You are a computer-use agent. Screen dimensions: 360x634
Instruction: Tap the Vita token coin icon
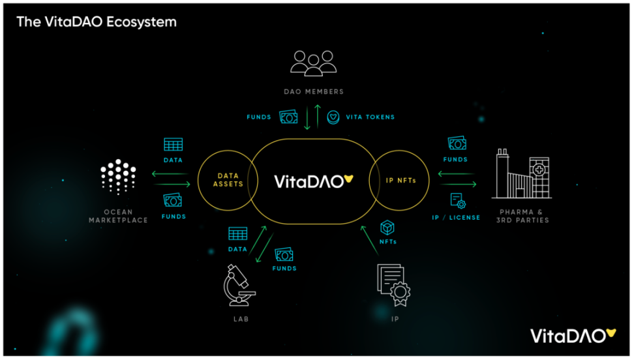(334, 117)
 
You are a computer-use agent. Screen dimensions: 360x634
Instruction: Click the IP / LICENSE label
(457, 217)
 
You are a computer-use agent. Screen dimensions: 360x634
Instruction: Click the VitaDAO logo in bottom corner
(573, 336)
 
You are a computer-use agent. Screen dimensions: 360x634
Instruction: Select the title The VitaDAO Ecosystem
(97, 22)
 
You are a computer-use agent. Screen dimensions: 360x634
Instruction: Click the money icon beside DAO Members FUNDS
(289, 117)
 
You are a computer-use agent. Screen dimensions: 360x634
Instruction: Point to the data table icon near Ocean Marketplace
(174, 144)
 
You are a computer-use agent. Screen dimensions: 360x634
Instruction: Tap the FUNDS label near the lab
(284, 269)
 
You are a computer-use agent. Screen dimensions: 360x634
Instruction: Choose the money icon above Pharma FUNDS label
(457, 143)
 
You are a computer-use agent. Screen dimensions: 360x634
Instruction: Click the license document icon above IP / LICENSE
(457, 201)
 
